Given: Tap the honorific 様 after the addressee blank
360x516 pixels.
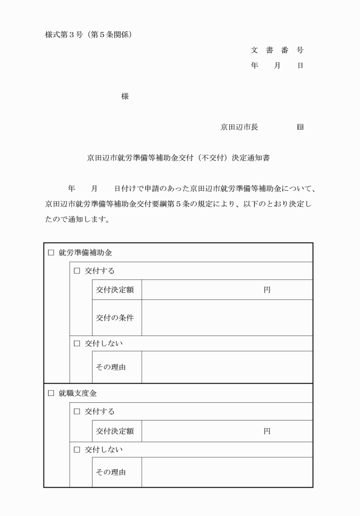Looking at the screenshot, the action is click(x=125, y=97).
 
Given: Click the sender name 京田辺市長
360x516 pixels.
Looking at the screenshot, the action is click(x=239, y=127).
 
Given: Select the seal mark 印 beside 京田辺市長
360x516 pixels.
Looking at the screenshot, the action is click(x=300, y=127).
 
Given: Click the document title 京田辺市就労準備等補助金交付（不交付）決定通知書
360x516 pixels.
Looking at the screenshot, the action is click(x=178, y=157).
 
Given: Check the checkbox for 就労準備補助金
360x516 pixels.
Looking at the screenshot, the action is click(x=50, y=253).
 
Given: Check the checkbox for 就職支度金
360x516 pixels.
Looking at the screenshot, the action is click(x=50, y=393).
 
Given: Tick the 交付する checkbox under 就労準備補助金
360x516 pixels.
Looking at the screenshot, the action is click(x=77, y=271).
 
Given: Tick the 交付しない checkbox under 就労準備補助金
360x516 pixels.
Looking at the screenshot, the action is click(x=77, y=343).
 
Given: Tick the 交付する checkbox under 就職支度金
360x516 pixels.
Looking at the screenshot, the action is click(x=77, y=411).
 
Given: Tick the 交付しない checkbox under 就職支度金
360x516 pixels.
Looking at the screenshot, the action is click(x=77, y=450).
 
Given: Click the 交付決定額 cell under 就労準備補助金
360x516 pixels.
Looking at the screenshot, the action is click(x=117, y=290).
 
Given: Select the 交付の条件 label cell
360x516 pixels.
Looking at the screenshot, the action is click(x=117, y=318).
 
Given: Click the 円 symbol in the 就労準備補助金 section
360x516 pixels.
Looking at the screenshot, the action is click(x=267, y=290).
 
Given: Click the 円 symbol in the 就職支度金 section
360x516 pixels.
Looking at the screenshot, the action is click(x=267, y=431).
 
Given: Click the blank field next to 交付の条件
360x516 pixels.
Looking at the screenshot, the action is click(x=227, y=318).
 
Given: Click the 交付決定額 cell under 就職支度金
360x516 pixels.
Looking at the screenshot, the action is click(x=117, y=431).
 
